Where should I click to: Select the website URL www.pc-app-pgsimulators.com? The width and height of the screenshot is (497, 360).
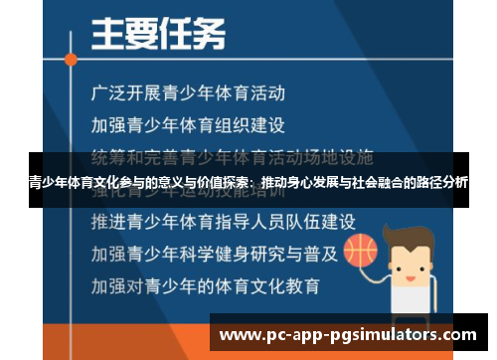pyautogui.click(x=349, y=333)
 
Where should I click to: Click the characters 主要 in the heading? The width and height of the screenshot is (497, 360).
pyautogui.click(x=120, y=35)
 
